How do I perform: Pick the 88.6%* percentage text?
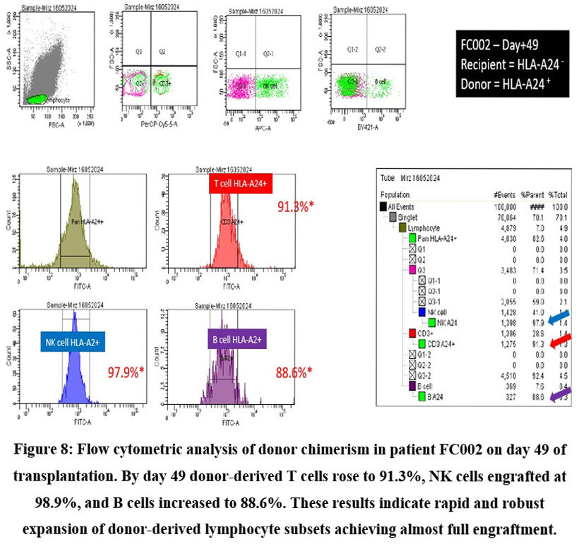coord(292,371)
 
